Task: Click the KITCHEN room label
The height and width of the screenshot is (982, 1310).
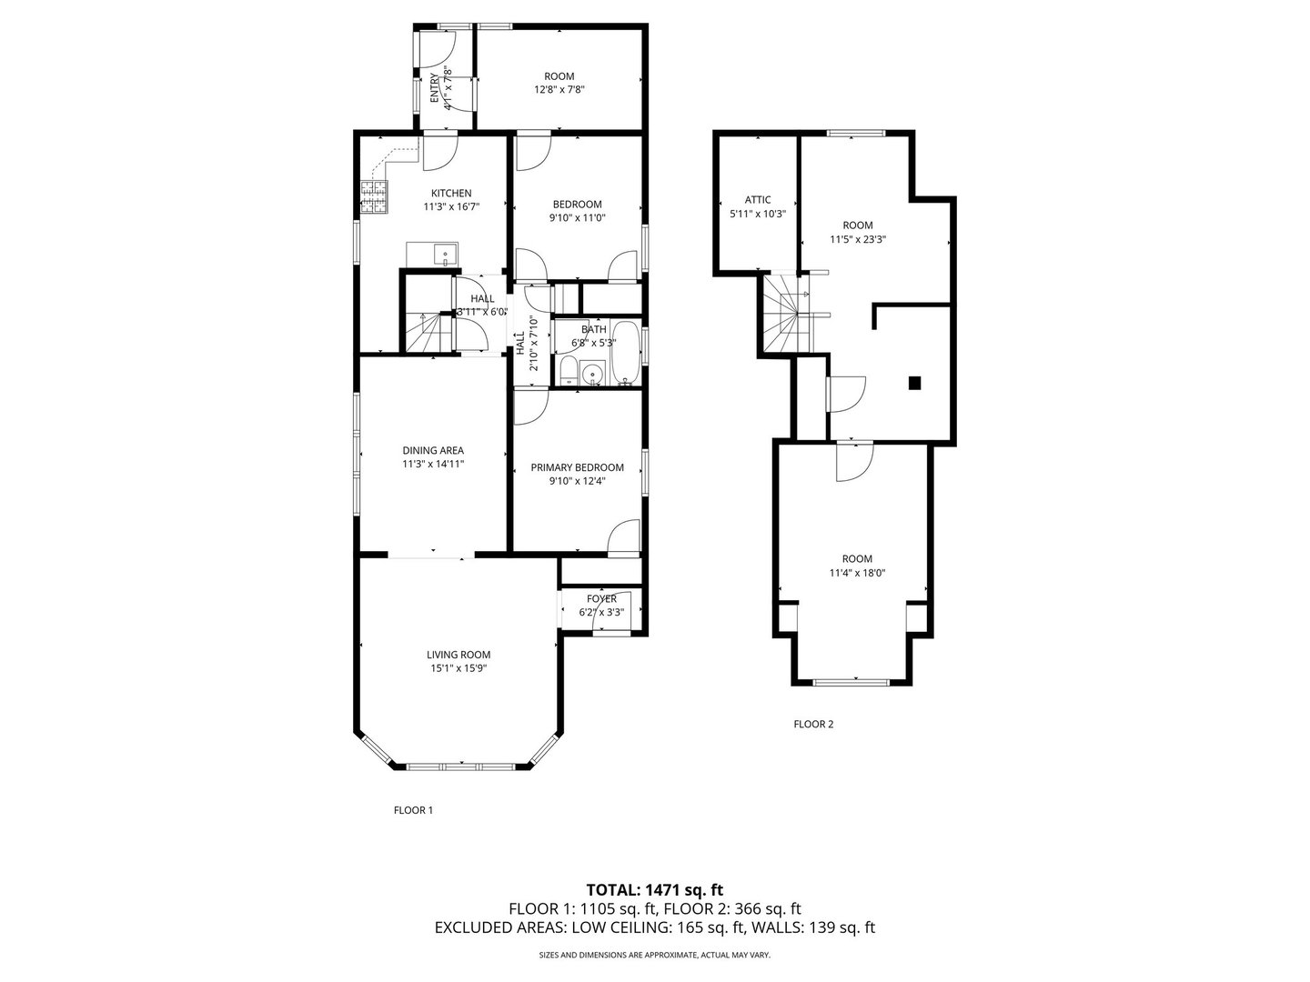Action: pos(451,193)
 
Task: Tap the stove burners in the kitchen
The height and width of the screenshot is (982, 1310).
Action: pos(374,197)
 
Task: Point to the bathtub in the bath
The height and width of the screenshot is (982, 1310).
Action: pos(626,353)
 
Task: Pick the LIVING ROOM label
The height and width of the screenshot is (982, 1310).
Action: pos(458,655)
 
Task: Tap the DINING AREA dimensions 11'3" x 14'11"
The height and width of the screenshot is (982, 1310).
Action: pos(433,464)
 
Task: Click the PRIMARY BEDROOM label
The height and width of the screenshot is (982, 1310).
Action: pos(577,467)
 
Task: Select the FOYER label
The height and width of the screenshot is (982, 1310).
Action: pos(601,598)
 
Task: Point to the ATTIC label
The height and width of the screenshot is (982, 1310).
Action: pos(757,200)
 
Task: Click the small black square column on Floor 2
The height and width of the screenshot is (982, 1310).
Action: pos(915,383)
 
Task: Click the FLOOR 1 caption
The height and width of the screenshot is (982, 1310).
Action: pos(413,809)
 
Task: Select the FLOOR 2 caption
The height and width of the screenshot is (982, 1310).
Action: pos(813,725)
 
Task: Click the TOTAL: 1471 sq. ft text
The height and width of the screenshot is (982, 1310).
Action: pos(654,889)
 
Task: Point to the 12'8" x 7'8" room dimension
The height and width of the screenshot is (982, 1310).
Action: pos(559,90)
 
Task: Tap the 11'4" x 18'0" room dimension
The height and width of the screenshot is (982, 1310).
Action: pos(857,573)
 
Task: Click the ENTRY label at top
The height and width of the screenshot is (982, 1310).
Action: pos(435,89)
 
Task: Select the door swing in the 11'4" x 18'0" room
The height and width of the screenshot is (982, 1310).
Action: pos(853,462)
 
